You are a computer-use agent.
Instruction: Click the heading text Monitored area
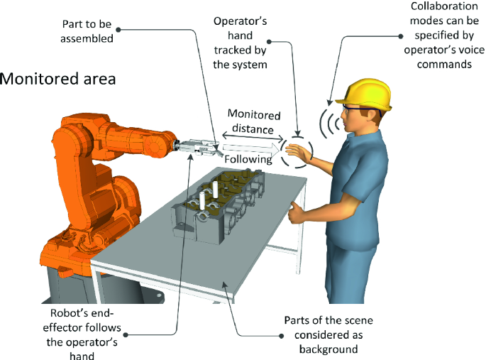coord(58,78)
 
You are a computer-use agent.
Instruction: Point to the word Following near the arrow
coord(248,160)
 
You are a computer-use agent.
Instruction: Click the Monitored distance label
coord(253,122)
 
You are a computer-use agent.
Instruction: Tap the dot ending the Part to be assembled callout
coord(118,30)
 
